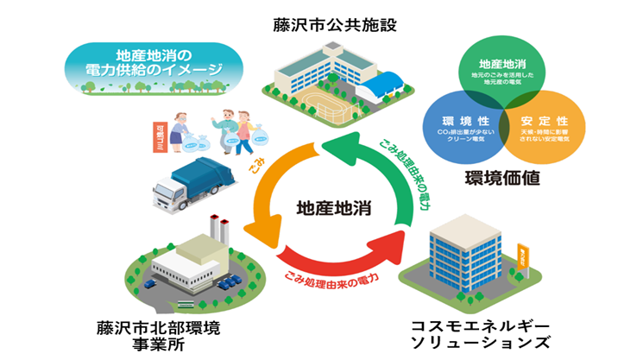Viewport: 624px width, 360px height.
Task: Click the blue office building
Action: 464,250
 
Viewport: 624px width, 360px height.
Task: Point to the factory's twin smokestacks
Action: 220,231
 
